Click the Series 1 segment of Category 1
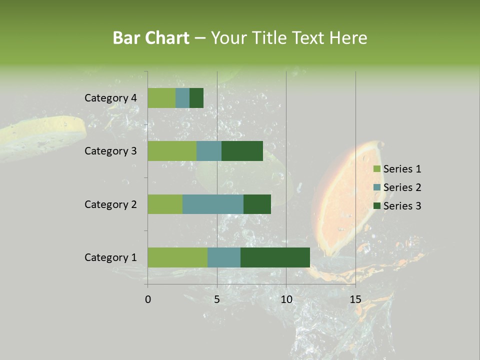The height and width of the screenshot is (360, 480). click(177, 257)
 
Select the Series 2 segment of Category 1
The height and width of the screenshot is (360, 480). click(224, 257)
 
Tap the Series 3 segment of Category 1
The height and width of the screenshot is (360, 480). click(275, 257)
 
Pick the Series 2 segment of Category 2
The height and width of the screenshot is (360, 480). click(213, 204)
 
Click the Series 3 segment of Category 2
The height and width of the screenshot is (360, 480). click(257, 204)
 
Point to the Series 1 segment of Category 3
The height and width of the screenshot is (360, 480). click(172, 151)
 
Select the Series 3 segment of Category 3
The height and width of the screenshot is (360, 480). click(242, 151)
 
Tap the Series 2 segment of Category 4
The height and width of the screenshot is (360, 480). click(182, 98)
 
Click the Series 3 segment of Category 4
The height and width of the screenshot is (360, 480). click(196, 98)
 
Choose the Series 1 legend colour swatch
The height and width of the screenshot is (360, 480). click(377, 169)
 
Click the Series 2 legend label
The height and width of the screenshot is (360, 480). click(402, 187)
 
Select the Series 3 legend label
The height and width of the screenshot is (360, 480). click(402, 206)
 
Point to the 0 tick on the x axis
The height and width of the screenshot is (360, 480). click(148, 299)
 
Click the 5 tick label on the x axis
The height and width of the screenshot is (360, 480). click(217, 299)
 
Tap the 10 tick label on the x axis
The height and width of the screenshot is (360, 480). click(286, 299)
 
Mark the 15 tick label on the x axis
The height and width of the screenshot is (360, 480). click(355, 299)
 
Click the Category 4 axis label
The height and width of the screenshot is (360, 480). click(110, 98)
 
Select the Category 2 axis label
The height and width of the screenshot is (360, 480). click(110, 204)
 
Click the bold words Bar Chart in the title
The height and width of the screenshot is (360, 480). click(151, 38)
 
